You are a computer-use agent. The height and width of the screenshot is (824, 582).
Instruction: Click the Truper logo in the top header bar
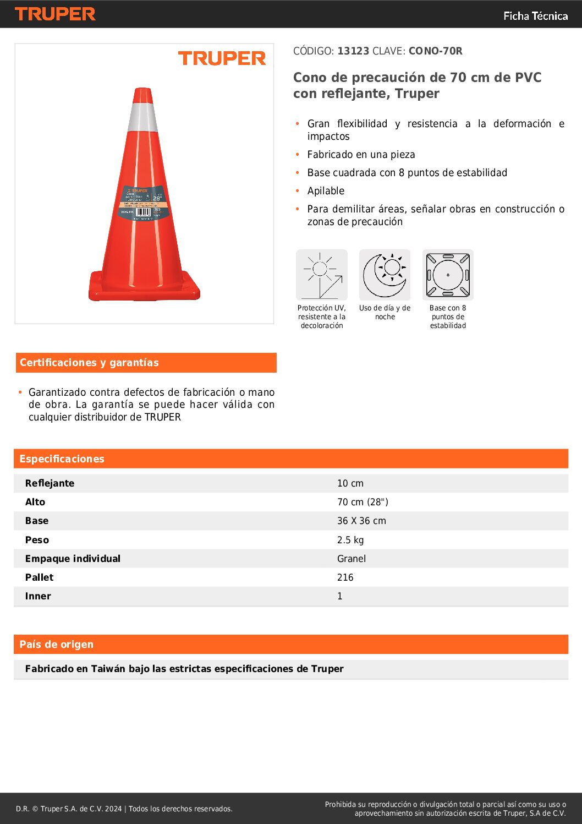click(x=55, y=14)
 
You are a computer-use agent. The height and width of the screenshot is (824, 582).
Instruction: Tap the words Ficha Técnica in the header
click(x=535, y=16)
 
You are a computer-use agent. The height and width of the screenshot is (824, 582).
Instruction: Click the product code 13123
click(x=353, y=51)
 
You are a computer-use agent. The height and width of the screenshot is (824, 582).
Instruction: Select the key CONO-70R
click(x=435, y=51)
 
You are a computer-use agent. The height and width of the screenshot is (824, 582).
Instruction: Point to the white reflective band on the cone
click(x=143, y=117)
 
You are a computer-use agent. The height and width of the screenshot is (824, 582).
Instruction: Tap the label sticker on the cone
click(x=142, y=203)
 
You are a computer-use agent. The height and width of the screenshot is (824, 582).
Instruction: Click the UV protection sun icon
click(x=322, y=275)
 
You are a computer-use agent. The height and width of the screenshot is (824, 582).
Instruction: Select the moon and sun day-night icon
click(x=385, y=275)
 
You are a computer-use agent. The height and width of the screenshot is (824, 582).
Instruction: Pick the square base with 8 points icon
click(x=448, y=275)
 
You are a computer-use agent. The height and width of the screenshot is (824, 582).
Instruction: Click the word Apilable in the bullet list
click(x=326, y=191)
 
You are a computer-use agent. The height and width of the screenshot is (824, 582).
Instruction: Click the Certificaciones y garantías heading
click(x=89, y=363)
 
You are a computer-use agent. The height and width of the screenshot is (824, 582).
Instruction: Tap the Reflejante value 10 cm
click(x=350, y=483)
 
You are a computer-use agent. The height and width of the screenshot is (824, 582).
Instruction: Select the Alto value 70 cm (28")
click(x=363, y=502)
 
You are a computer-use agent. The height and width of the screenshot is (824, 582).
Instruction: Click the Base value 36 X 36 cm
click(x=361, y=521)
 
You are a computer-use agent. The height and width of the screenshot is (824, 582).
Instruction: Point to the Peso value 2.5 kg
click(x=350, y=540)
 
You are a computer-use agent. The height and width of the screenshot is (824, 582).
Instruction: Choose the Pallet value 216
click(x=345, y=577)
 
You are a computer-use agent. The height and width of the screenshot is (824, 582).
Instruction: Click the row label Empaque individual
click(x=73, y=559)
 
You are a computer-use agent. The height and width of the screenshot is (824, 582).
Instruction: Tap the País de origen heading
click(x=56, y=645)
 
